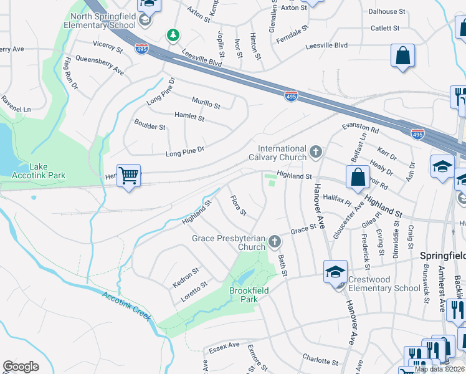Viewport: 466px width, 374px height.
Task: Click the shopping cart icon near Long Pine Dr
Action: click(128, 176)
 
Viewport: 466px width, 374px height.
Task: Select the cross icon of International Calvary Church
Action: click(316, 151)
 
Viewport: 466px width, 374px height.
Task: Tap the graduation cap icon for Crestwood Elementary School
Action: click(335, 271)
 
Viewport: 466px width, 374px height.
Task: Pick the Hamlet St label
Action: click(189, 117)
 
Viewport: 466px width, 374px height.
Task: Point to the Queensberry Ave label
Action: click(99, 65)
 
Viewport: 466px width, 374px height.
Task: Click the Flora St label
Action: click(239, 206)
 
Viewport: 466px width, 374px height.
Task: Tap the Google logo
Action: click(21, 367)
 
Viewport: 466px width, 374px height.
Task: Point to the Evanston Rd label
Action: click(360, 128)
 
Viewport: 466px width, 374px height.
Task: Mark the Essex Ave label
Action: click(224, 345)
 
